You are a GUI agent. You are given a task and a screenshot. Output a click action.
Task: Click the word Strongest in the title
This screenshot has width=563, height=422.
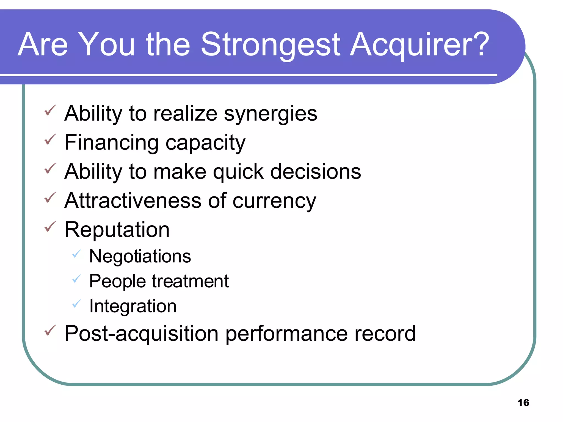coord(271,45)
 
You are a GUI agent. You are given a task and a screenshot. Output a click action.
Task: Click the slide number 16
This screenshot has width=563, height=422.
coord(523,402)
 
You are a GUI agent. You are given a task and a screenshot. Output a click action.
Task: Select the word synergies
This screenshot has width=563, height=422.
coord(271,114)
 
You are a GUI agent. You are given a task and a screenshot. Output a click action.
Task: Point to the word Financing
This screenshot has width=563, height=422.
coord(111,143)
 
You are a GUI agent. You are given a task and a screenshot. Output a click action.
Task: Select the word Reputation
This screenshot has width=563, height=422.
coord(117,230)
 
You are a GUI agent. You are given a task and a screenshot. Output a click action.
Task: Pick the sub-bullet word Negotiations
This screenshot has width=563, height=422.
coord(140,257)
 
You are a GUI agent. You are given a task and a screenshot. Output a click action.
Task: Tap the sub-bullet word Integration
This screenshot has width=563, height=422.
coord(133,306)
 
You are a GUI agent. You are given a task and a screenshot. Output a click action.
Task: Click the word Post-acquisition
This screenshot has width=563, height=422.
coord(141,334)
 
